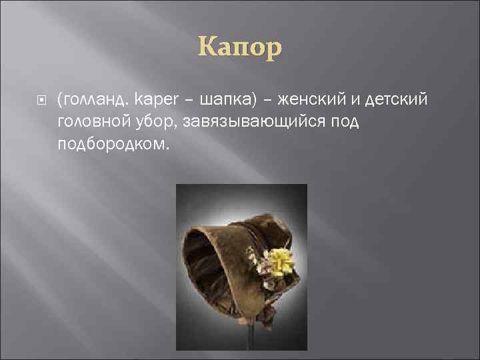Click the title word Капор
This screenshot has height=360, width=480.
click(x=239, y=47)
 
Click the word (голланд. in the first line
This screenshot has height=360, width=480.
click(x=93, y=99)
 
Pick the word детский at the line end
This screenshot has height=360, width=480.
click(x=398, y=99)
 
